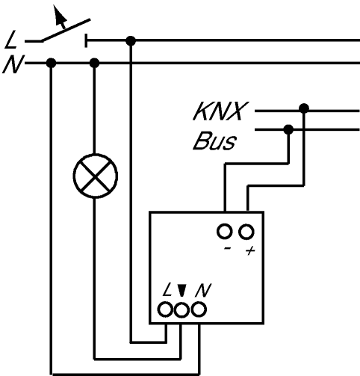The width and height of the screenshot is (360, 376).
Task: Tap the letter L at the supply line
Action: [10, 40]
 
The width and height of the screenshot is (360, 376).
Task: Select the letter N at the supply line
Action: [13, 64]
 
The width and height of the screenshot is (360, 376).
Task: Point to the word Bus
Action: [214, 141]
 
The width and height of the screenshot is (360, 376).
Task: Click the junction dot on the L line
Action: [131, 41]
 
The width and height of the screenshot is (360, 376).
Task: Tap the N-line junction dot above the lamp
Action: [94, 63]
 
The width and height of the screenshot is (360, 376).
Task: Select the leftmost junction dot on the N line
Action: [52, 63]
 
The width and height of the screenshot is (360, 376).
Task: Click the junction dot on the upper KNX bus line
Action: [304, 108]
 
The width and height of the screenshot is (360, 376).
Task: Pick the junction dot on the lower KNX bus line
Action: [288, 129]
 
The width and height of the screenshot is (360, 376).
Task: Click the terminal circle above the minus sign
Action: [225, 232]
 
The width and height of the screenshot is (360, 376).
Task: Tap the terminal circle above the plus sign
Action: [246, 232]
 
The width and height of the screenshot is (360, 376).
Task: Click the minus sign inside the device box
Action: [228, 248]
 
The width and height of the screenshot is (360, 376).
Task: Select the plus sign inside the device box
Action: [250, 250]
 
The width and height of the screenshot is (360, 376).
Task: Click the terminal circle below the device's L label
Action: [165, 309]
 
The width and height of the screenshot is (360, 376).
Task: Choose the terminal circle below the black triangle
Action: [181, 310]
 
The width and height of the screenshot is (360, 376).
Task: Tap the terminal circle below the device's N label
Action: [199, 309]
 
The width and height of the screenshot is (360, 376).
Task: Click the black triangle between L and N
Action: [182, 290]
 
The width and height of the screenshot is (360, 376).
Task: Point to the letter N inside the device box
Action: [203, 290]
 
